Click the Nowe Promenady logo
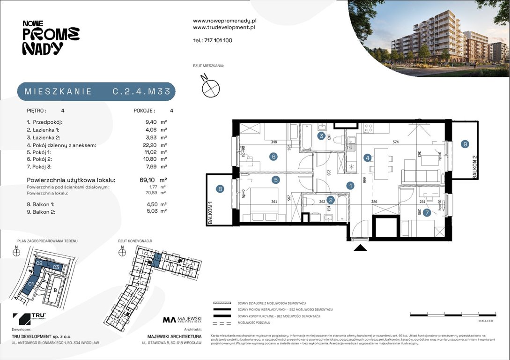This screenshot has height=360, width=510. [x=51, y=37]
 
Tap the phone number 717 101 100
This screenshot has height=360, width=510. [x=218, y=40]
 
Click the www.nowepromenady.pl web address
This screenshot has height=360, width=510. [x=224, y=21]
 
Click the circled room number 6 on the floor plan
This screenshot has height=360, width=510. [x=273, y=157]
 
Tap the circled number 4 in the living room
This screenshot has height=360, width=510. [x=368, y=158]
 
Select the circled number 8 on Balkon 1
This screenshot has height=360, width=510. [x=220, y=189]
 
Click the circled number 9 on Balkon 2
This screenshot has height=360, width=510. [x=465, y=144]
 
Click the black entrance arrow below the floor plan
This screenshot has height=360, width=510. [x=360, y=248]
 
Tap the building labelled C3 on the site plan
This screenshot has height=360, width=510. [x=55, y=267]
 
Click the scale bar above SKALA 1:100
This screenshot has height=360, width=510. [x=452, y=312]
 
